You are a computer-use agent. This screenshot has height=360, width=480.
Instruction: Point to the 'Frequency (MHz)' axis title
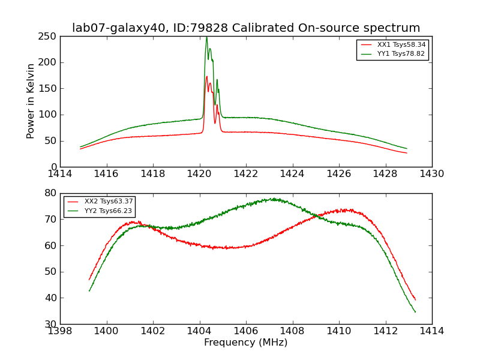[246, 343]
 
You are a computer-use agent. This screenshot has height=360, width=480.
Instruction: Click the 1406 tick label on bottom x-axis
[246, 331]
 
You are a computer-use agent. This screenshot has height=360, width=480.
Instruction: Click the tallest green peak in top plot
[206, 37]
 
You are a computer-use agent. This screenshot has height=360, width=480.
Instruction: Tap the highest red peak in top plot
[207, 76]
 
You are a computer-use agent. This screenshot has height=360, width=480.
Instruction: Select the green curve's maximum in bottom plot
[274, 199]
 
